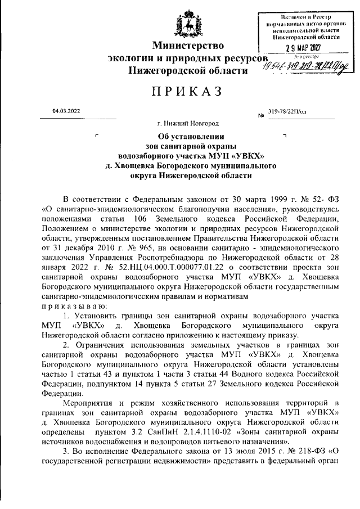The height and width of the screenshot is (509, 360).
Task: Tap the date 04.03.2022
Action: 66,111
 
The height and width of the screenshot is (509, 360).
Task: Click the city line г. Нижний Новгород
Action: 188,123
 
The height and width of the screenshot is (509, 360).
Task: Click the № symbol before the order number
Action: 260,116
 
